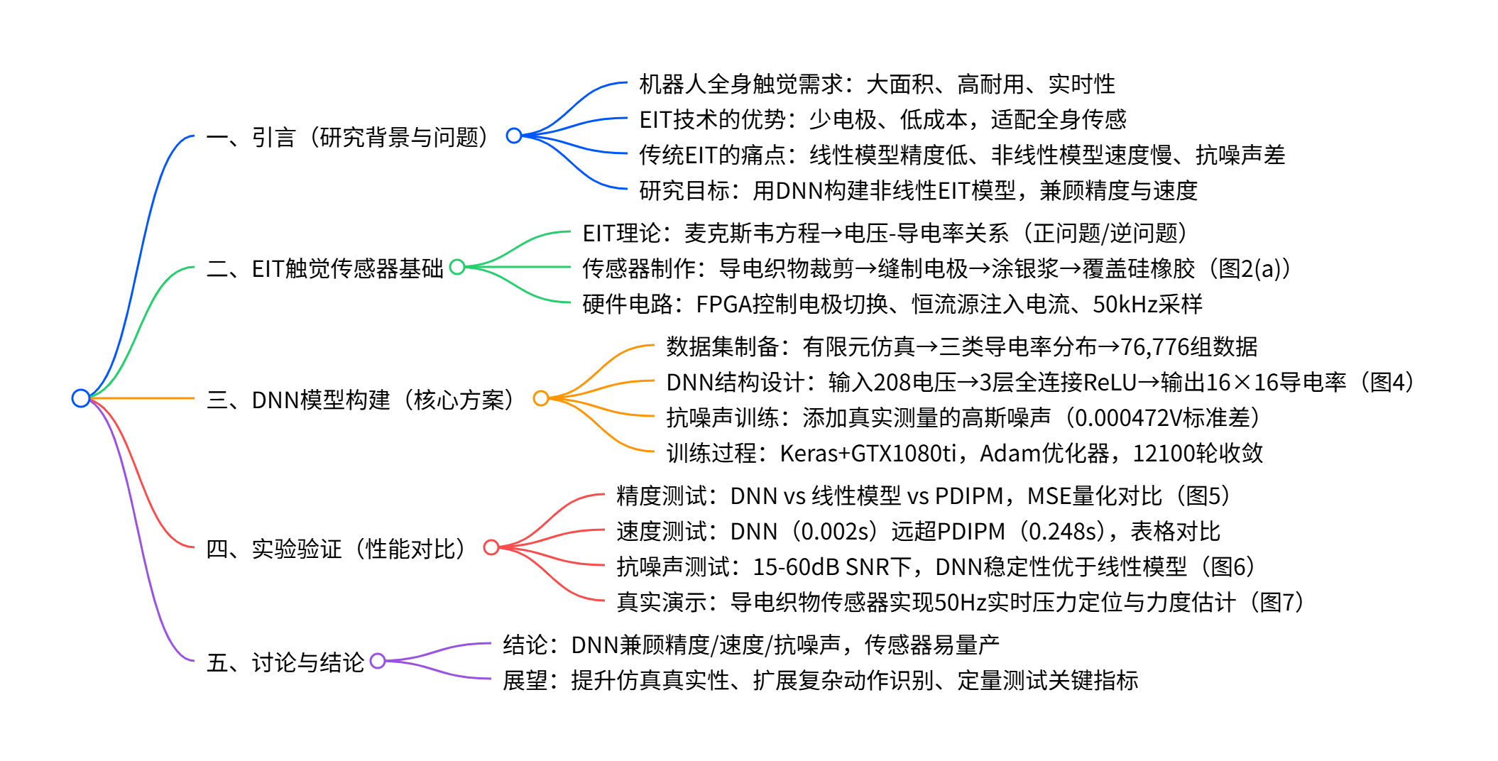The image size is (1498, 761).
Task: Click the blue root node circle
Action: pyautogui.click(x=81, y=398)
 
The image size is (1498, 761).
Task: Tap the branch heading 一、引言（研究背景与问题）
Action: pyautogui.click(x=348, y=137)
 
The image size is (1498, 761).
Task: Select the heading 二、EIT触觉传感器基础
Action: pyautogui.click(x=324, y=268)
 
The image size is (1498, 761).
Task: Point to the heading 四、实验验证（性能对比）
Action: pyautogui.click(x=337, y=549)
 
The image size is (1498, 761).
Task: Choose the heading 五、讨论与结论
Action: pyautogui.click(x=285, y=662)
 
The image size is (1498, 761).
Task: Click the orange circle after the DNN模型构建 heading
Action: pyautogui.click(x=541, y=398)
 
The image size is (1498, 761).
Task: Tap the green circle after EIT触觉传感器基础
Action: pyautogui.click(x=457, y=267)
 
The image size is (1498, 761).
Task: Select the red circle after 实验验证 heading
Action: pyautogui.click(x=491, y=547)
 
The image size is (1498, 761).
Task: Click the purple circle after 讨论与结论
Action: pyautogui.click(x=378, y=661)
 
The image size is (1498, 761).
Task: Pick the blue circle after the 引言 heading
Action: pyautogui.click(x=514, y=136)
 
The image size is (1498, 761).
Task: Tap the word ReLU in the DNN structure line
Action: pyautogui.click(x=1106, y=383)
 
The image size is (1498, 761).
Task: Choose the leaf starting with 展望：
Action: pyautogui.click(x=820, y=681)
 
